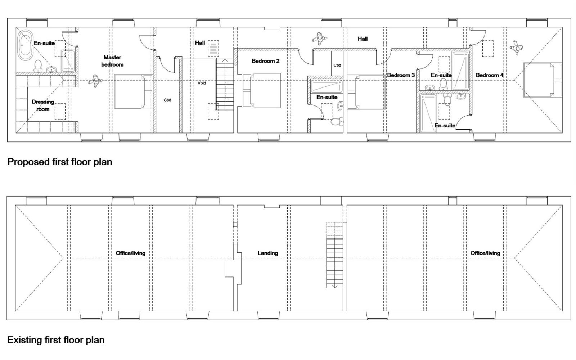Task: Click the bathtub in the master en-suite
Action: coord(25,45)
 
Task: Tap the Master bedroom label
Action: coord(112,61)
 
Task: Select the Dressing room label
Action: coord(43,105)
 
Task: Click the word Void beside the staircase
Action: coord(202,83)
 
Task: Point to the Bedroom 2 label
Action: coord(265,61)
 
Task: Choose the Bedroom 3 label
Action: coord(401,75)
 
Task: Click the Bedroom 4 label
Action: coord(490,75)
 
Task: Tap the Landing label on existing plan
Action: coord(268,253)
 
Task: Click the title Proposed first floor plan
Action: coord(60,162)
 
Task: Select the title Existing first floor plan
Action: coord(56,340)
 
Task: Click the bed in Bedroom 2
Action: coord(261,90)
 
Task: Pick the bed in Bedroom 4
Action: coord(543,80)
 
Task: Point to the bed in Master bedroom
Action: coord(134,92)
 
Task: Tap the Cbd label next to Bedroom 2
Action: coord(337,65)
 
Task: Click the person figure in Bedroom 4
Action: coord(516,48)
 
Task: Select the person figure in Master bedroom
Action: coord(96,81)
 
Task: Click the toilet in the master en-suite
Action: coord(38,66)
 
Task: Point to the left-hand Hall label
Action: coord(200,43)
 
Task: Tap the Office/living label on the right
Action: coord(485,253)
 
